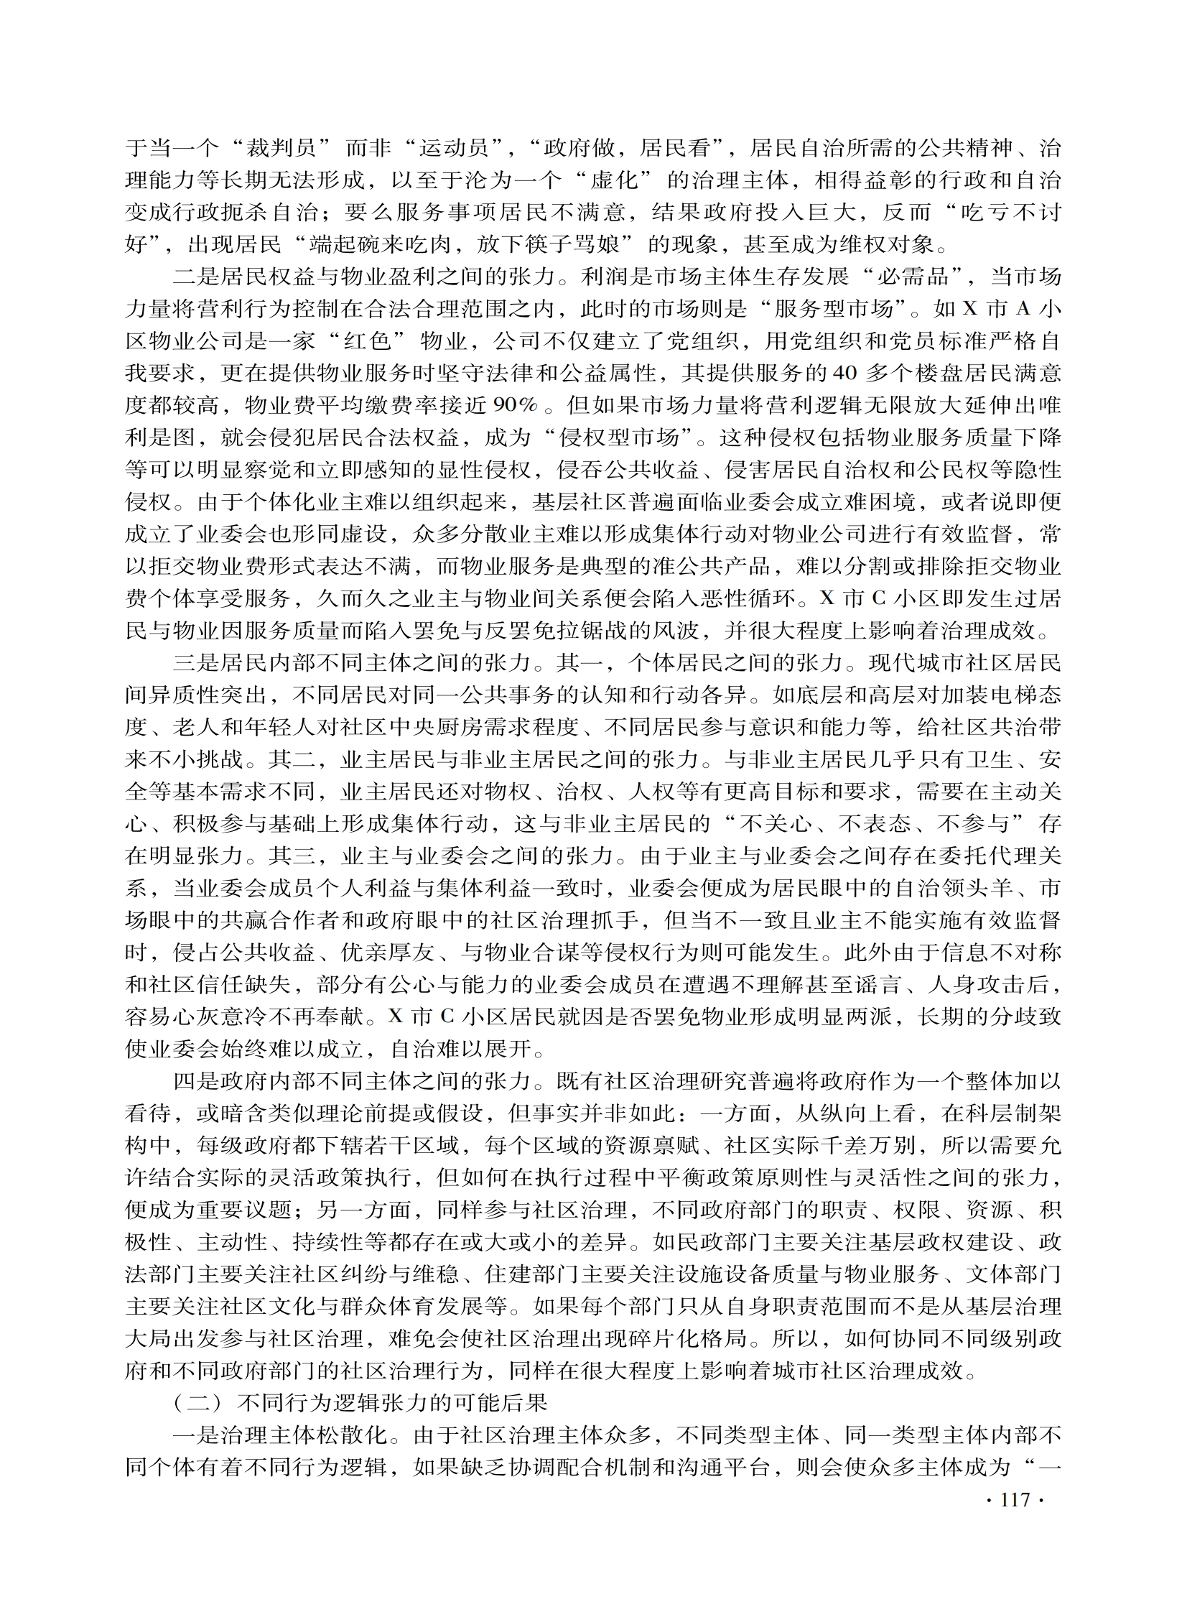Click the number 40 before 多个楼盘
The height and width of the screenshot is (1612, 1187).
pos(845,374)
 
